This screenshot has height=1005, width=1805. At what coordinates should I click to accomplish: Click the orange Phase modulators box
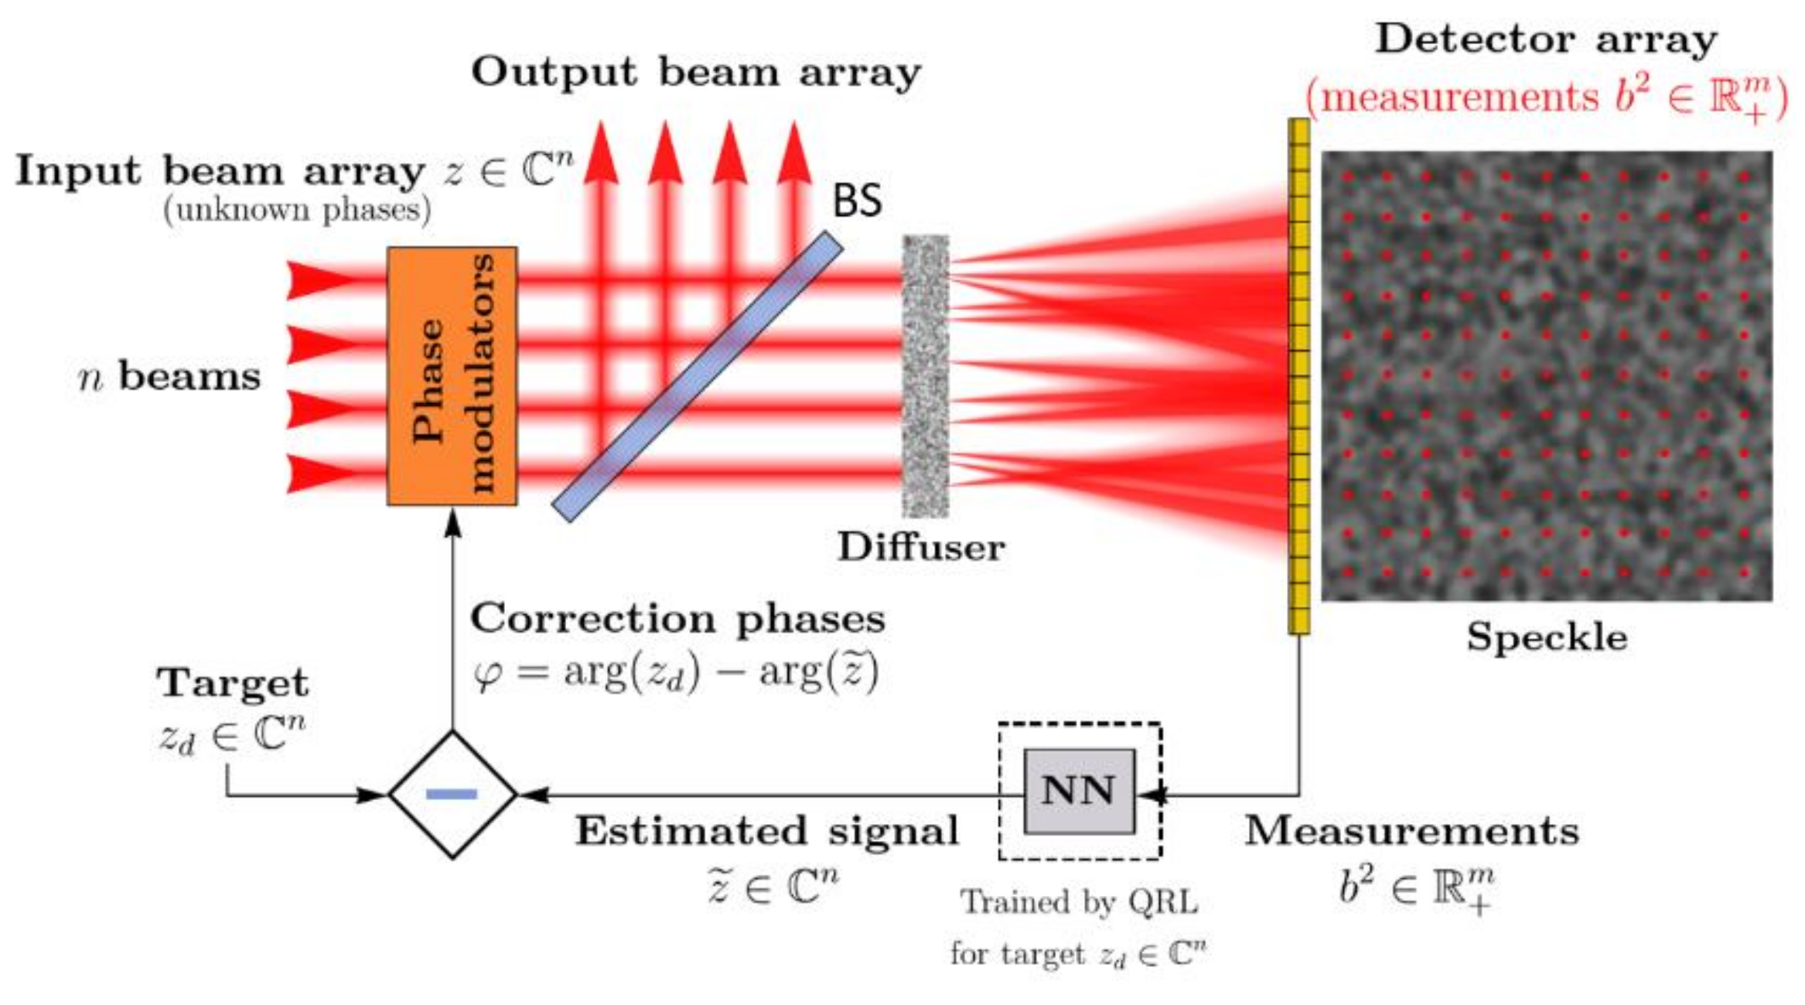click(452, 376)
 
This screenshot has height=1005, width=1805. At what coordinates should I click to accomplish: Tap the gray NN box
click(1079, 791)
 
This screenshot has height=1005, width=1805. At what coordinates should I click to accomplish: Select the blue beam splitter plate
click(697, 377)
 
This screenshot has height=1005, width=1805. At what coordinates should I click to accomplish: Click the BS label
click(856, 201)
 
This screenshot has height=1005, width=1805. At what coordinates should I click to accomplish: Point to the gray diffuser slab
click(925, 376)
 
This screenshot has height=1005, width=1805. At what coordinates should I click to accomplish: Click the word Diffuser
click(921, 548)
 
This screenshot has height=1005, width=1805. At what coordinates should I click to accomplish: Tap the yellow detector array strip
click(1299, 376)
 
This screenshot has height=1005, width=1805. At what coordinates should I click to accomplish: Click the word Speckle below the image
click(1547, 638)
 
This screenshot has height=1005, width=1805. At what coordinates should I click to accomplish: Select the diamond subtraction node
click(452, 794)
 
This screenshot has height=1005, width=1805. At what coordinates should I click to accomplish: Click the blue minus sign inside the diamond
click(452, 794)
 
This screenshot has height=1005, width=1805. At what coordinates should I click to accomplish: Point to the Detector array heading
click(1545, 39)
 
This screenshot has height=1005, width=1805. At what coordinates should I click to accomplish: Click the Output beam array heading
click(696, 73)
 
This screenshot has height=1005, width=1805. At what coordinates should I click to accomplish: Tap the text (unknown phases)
click(297, 210)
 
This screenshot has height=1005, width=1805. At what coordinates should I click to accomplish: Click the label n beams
click(170, 378)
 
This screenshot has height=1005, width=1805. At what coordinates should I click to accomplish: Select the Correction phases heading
click(677, 619)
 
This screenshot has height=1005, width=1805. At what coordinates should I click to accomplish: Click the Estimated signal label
click(766, 831)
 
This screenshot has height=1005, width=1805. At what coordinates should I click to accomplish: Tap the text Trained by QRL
click(1079, 902)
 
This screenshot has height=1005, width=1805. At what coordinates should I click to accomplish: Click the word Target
click(232, 683)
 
